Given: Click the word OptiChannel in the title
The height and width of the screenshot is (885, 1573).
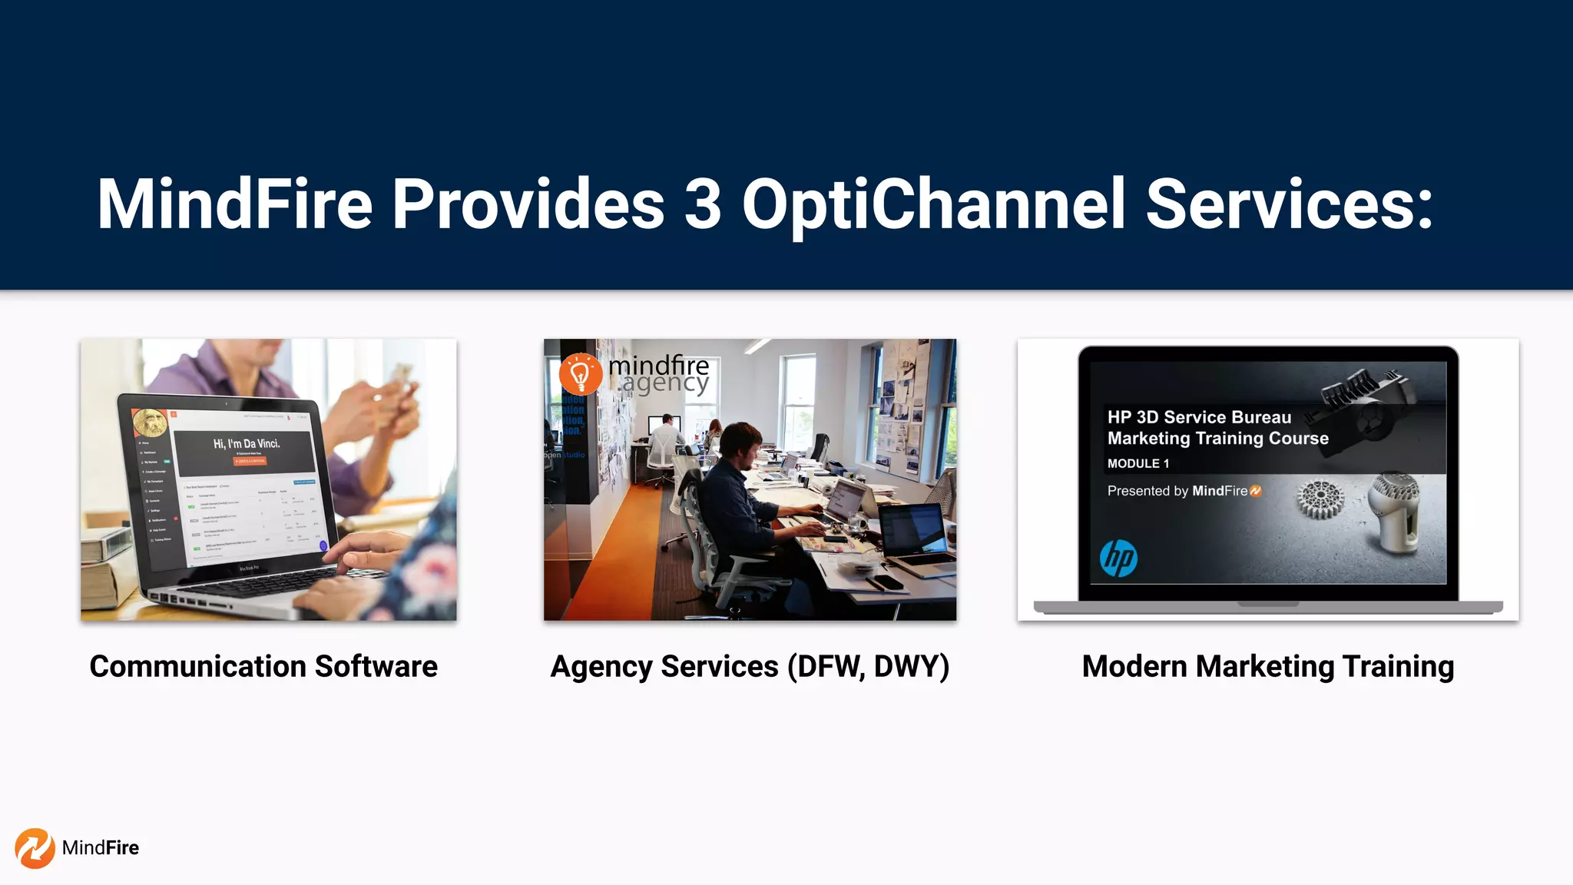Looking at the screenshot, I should coord(933,204).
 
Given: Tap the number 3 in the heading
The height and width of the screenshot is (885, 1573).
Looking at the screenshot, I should coord(702,204).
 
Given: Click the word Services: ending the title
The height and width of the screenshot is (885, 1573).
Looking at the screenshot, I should coord(1289,204).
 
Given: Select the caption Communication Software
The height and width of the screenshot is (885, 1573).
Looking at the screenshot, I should coord(263,666).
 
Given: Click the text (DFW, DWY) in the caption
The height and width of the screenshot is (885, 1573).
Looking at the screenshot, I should coord(868,666).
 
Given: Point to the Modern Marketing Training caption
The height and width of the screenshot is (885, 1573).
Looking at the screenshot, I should coord(1267,666).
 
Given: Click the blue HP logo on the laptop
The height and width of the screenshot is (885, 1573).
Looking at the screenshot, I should coord(1118,558).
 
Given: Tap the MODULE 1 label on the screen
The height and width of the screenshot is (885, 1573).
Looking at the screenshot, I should coord(1138,463).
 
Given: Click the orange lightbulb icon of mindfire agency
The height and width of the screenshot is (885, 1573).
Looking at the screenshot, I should coord(580,374).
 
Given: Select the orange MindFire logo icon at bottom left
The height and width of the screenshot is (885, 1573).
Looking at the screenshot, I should coord(35,848).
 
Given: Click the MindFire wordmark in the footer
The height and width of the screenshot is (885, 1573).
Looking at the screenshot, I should coord(101,848).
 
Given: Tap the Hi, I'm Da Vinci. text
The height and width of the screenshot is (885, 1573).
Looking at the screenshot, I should coord(247,443).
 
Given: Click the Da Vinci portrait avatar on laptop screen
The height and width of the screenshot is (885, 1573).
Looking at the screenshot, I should coord(150,423).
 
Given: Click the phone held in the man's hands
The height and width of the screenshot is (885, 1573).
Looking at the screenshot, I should coord(400,376).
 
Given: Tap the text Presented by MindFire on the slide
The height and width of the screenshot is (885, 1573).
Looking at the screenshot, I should coord(1183,491).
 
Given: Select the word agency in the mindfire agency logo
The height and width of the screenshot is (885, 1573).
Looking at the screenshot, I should coord(665,383).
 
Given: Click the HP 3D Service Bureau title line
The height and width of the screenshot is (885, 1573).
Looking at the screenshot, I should coord(1199,417).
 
